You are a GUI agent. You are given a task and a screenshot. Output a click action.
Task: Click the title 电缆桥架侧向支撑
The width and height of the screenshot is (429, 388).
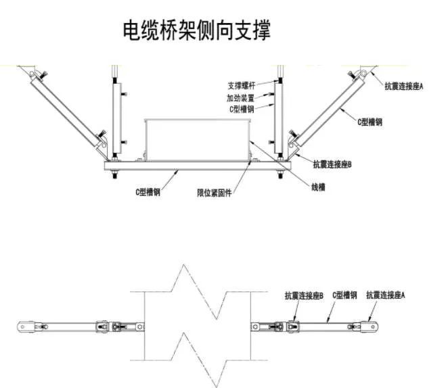pyautogui.click(x=196, y=30)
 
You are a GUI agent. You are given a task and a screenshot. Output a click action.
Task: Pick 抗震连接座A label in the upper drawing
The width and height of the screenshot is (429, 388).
pyautogui.click(x=403, y=87)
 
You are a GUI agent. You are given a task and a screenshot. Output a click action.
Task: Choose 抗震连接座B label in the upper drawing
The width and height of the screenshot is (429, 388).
pyautogui.click(x=332, y=164)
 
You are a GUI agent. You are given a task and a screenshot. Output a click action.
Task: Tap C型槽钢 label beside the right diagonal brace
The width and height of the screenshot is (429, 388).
pyautogui.click(x=369, y=122)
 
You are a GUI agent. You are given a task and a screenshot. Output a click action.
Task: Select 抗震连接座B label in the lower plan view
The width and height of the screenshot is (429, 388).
pyautogui.click(x=304, y=295)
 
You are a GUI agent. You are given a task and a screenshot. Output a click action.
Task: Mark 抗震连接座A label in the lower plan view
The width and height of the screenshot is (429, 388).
pyautogui.click(x=385, y=295)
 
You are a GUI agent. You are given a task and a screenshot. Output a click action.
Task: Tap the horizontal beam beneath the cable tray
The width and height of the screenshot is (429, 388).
pyautogui.click(x=196, y=164)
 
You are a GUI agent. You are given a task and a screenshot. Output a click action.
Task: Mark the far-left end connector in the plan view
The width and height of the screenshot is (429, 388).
pyautogui.click(x=26, y=326)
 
